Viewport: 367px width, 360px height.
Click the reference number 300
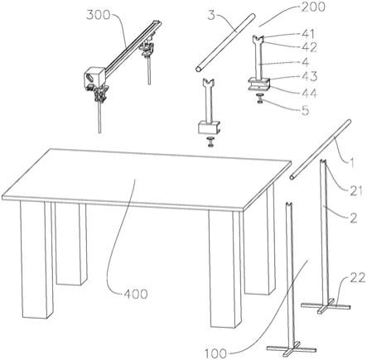point(98,15)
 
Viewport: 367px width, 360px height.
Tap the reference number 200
point(313,7)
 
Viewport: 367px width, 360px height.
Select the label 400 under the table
point(135,295)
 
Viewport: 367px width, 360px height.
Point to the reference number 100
point(215,353)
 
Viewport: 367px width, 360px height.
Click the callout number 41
point(308,34)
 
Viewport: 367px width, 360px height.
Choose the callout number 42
point(309,47)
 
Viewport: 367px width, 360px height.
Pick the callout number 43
point(310,77)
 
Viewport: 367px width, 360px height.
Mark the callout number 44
point(310,93)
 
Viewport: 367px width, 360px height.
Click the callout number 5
point(306,110)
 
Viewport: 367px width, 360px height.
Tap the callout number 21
point(355,190)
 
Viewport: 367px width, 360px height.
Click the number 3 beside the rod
point(211,16)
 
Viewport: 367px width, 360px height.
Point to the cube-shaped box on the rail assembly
point(94,76)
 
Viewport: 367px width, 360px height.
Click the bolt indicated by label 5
point(260,98)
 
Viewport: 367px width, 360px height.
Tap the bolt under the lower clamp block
point(211,141)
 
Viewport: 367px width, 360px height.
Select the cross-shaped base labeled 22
point(326,306)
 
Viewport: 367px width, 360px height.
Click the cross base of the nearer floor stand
point(292,348)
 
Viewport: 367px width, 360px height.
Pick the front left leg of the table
point(36,259)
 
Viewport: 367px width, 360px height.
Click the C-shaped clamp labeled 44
point(258,84)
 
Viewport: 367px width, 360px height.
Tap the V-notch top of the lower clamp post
point(209,82)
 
